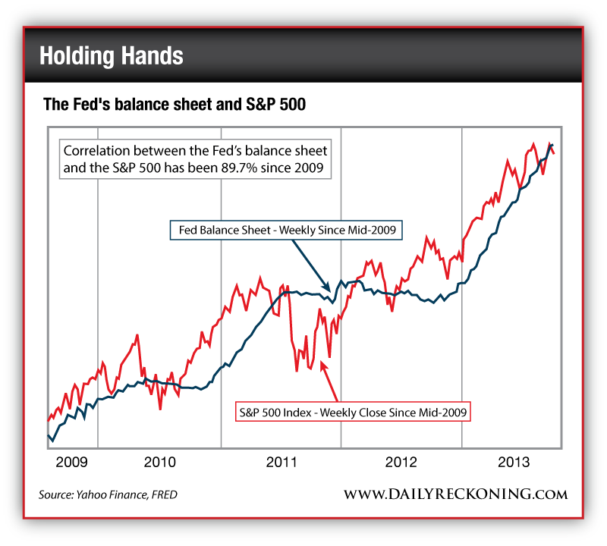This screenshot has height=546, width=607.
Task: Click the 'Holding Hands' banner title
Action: point(111,56)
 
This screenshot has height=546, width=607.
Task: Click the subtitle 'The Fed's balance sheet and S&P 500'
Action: point(174,105)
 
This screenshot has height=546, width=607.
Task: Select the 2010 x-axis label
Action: point(159,461)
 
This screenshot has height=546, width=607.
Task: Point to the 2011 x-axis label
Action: point(281,461)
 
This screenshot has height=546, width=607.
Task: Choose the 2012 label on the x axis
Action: point(402,461)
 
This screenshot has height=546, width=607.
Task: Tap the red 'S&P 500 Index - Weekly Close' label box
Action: point(351,413)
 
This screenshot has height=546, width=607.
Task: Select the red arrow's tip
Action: point(322,361)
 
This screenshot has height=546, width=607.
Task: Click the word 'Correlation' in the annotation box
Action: point(94,150)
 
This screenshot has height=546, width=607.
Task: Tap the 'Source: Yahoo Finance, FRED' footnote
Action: point(108,495)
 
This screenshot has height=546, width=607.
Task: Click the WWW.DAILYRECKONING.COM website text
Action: point(455,494)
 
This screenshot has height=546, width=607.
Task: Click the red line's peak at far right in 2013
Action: point(549,142)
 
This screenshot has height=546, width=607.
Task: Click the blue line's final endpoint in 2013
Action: point(552,144)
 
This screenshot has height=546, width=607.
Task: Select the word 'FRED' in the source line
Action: point(163,495)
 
